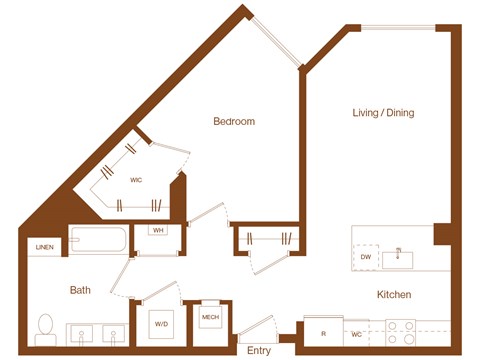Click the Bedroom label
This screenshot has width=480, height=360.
tap(234, 122)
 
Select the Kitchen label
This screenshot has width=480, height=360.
tap(393, 295)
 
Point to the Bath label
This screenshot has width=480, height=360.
tap(80, 291)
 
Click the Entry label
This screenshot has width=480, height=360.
tap(259, 350)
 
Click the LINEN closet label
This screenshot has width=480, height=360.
tap(45, 247)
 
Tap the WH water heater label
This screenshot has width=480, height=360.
tap(158, 231)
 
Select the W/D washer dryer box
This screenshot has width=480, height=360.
tap(160, 325)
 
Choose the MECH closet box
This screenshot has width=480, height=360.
tap(210, 319)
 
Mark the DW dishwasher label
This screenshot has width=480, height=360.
tap(367, 258)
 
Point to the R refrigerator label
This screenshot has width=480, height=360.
tap(324, 333)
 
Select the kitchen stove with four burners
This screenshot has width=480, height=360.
tap(402, 331)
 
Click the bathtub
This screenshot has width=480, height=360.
tap(98, 241)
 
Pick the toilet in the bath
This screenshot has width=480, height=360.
tap(45, 328)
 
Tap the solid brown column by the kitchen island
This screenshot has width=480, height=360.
tap(441, 233)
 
